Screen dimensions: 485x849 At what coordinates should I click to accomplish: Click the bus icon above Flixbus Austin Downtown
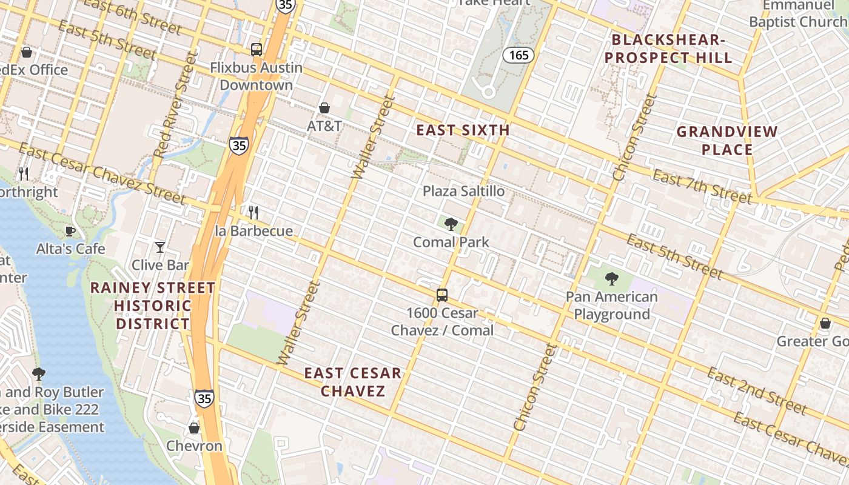tap(257, 49)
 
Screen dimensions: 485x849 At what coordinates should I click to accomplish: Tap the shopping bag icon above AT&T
tap(324, 108)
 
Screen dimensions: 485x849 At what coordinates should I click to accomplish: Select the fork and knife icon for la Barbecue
tap(253, 213)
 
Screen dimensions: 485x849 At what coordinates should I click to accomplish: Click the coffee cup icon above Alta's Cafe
tap(70, 231)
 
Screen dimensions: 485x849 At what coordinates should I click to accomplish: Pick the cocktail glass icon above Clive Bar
tap(160, 247)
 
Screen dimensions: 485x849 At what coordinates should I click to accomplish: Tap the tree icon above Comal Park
tap(451, 224)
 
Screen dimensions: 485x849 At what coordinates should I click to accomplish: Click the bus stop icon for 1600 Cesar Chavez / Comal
tap(442, 295)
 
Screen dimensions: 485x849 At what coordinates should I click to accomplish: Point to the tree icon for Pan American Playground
tap(611, 279)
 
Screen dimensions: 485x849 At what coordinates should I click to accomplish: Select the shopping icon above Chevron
tap(194, 428)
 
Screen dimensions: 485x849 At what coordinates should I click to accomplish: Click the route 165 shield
tap(518, 56)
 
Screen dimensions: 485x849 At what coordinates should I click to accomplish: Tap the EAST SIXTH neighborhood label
tap(463, 130)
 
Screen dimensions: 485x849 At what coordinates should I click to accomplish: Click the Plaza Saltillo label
tap(463, 192)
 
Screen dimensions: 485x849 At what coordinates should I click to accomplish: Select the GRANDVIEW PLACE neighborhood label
tap(727, 141)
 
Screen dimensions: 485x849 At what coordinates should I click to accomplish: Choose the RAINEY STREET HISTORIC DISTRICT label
tap(153, 306)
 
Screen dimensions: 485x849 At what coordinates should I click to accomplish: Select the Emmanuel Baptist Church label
tap(798, 14)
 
